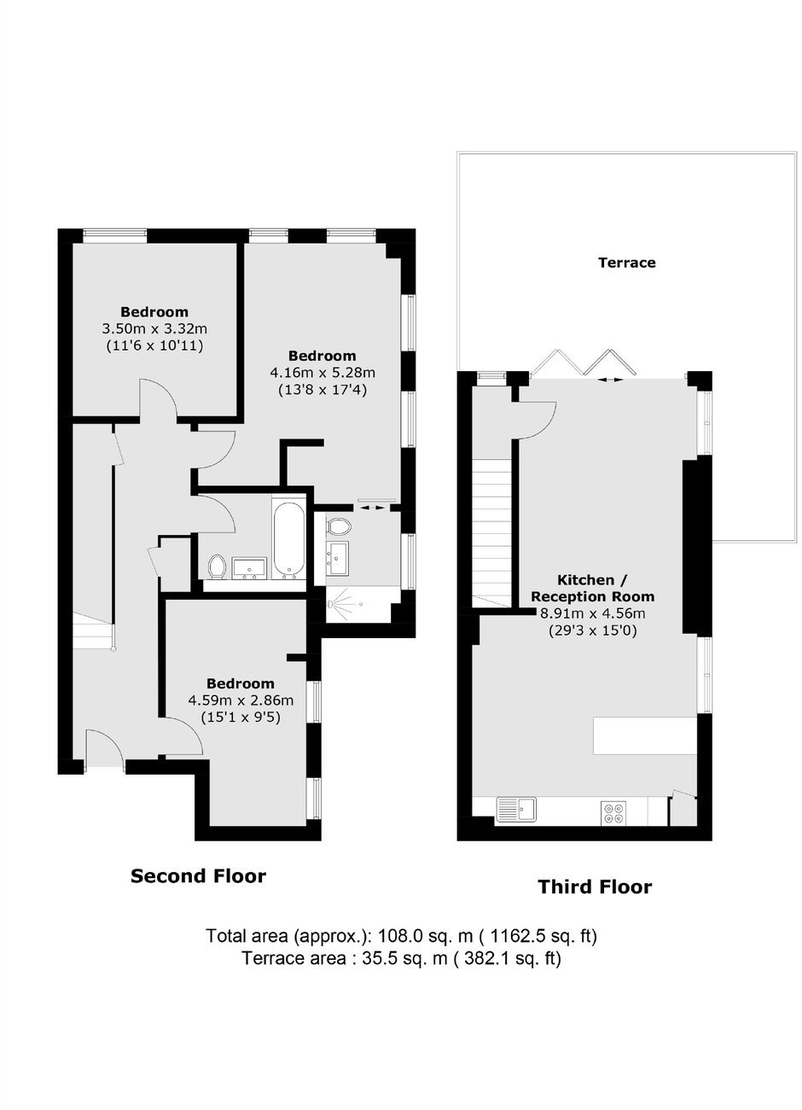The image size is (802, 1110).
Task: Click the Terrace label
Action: point(626,262)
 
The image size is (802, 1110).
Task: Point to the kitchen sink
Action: point(516,810)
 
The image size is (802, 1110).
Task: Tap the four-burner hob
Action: point(613,813)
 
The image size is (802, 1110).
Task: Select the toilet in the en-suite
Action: point(340,526)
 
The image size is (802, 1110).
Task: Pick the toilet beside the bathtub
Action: point(218,567)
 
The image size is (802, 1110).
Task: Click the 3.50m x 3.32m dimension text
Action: point(154,328)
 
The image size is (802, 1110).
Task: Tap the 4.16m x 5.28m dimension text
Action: point(323,373)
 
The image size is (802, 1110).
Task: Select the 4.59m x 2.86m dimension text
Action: point(241,700)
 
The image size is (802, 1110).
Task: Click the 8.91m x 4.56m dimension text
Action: point(593,614)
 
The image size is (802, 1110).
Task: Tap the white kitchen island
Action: point(645,735)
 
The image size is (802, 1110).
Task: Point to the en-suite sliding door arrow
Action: point(372,508)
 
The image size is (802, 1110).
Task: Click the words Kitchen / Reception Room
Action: point(593,588)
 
